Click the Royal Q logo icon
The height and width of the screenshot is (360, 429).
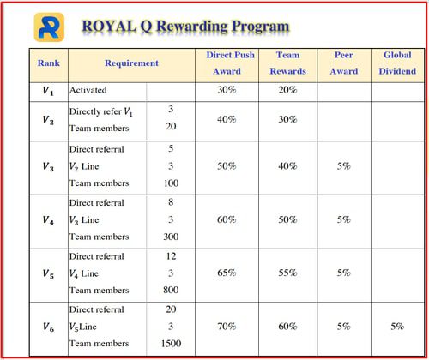point(49,27)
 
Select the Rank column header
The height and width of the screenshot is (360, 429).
point(49,63)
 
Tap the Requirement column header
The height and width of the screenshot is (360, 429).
point(131,63)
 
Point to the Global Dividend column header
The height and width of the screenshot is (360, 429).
point(397,63)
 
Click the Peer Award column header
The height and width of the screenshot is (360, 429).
point(344,63)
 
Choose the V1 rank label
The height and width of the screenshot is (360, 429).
point(48,91)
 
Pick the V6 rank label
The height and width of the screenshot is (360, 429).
point(48,327)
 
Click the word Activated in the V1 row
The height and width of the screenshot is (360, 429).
point(88,90)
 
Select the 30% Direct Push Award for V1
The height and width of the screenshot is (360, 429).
point(227,90)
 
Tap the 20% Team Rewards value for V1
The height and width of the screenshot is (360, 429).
point(287,90)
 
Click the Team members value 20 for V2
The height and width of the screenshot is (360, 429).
point(171,126)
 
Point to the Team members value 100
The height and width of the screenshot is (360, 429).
point(171,183)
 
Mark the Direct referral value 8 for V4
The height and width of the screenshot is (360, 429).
point(171,202)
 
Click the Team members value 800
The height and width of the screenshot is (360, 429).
point(171,290)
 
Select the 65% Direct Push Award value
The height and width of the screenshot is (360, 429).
point(227,273)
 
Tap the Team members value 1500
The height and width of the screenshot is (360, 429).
point(171,344)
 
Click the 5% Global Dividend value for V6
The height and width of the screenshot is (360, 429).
point(397,327)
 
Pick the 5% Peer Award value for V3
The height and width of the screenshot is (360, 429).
point(344,166)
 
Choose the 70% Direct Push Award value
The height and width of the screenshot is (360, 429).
point(227,327)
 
